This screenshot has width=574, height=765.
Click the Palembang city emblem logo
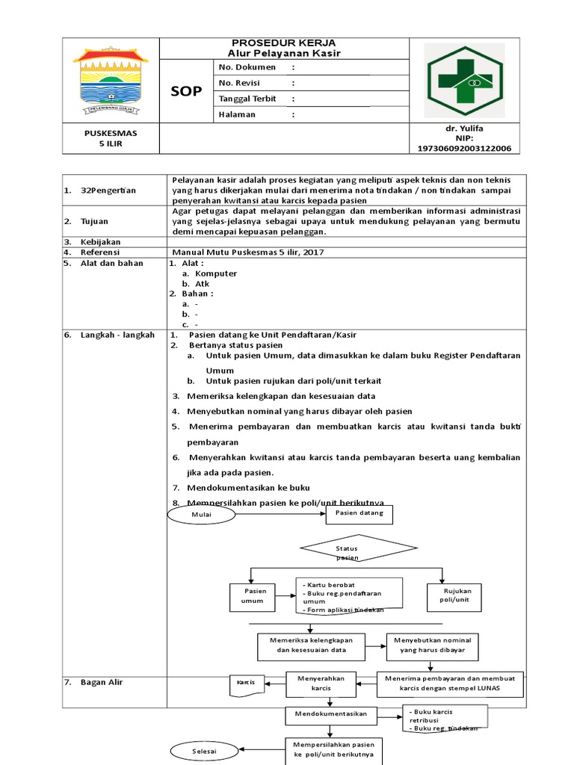(111, 80)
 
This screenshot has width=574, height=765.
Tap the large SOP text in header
(186, 91)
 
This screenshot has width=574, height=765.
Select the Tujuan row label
(96, 221)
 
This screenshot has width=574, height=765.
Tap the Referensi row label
(102, 253)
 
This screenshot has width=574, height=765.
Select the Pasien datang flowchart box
(359, 513)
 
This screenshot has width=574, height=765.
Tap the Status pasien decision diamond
(348, 553)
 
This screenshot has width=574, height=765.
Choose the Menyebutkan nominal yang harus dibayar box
(433, 645)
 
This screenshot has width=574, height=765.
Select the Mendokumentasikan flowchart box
(330, 714)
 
